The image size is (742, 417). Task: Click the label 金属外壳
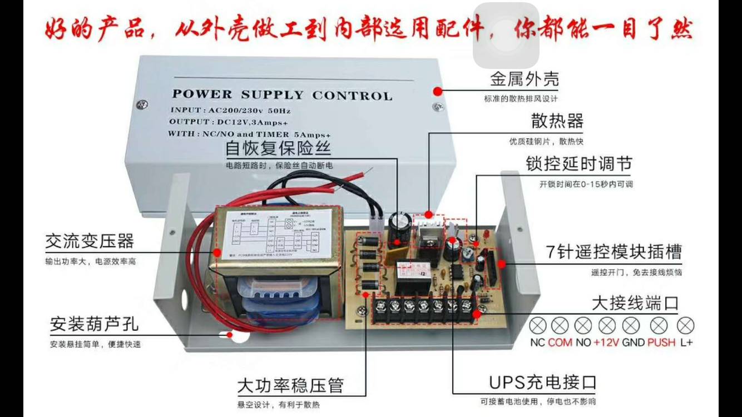524,79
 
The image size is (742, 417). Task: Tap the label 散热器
557,121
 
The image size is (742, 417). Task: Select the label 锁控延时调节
578,164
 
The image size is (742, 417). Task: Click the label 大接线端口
635,304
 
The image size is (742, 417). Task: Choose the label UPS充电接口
543,383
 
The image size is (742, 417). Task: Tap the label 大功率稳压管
290,385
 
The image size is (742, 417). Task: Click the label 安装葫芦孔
94,324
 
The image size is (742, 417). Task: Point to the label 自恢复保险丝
278,148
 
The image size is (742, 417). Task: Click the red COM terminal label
560,342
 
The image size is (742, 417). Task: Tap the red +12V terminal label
606,342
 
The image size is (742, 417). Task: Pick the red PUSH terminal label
661,342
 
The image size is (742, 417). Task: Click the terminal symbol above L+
686,325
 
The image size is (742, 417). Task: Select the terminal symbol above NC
538,325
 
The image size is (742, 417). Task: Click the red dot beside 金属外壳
438,91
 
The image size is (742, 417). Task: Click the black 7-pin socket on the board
492,269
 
